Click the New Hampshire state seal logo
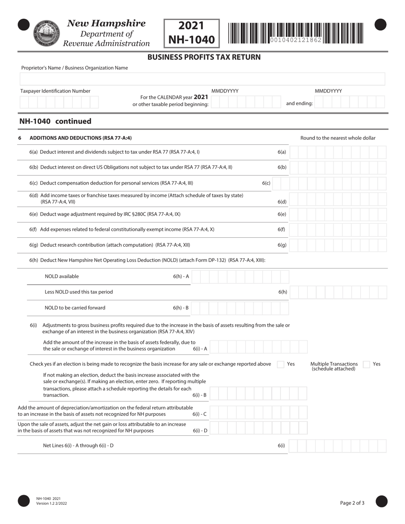(x=46, y=33)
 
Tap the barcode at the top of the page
(x=295, y=33)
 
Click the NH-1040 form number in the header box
(x=191, y=40)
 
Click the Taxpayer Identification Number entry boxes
(x=59, y=102)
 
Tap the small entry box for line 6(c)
(x=280, y=183)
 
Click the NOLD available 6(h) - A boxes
(x=240, y=276)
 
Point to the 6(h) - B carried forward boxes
(x=240, y=308)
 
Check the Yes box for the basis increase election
(x=281, y=364)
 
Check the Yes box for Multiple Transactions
(x=366, y=364)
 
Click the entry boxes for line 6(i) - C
(x=258, y=412)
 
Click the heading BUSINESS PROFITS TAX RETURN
(x=204, y=57)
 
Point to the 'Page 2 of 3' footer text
(x=352, y=503)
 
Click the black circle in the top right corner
(x=380, y=25)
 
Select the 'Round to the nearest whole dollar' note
(x=338, y=138)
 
